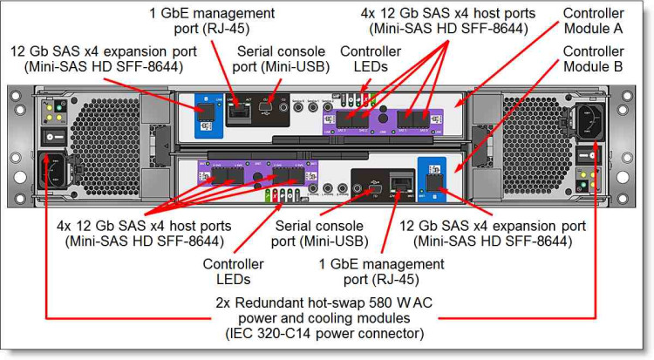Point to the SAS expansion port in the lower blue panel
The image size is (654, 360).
pyautogui.click(x=433, y=183)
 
